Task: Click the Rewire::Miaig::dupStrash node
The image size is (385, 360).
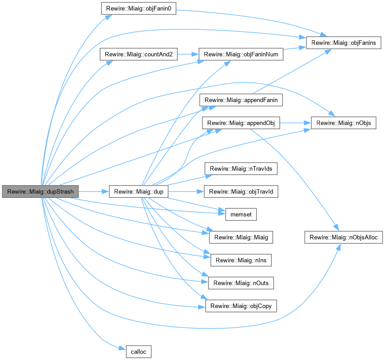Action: tap(41, 192)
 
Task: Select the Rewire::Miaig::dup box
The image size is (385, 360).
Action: tap(139, 192)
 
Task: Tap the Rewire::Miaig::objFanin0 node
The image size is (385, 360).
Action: tap(138, 9)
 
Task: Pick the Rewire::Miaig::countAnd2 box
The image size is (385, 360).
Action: tap(138, 54)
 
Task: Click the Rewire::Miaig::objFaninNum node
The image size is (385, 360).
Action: tap(241, 54)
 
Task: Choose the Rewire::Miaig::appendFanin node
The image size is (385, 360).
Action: tap(241, 100)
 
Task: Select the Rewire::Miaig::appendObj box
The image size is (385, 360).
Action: tap(241, 122)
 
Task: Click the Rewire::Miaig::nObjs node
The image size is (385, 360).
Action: tap(343, 122)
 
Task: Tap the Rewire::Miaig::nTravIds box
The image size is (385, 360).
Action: tap(241, 169)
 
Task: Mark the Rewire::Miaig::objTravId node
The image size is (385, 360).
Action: tap(241, 192)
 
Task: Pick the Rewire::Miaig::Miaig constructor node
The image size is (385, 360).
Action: tap(241, 237)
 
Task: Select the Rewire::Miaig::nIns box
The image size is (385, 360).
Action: tap(241, 260)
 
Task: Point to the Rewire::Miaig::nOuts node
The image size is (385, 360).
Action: tap(241, 283)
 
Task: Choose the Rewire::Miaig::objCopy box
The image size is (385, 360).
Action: tap(241, 306)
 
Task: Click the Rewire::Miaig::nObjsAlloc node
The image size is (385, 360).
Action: tap(343, 237)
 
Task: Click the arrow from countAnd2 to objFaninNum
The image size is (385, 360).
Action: tap(188, 54)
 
